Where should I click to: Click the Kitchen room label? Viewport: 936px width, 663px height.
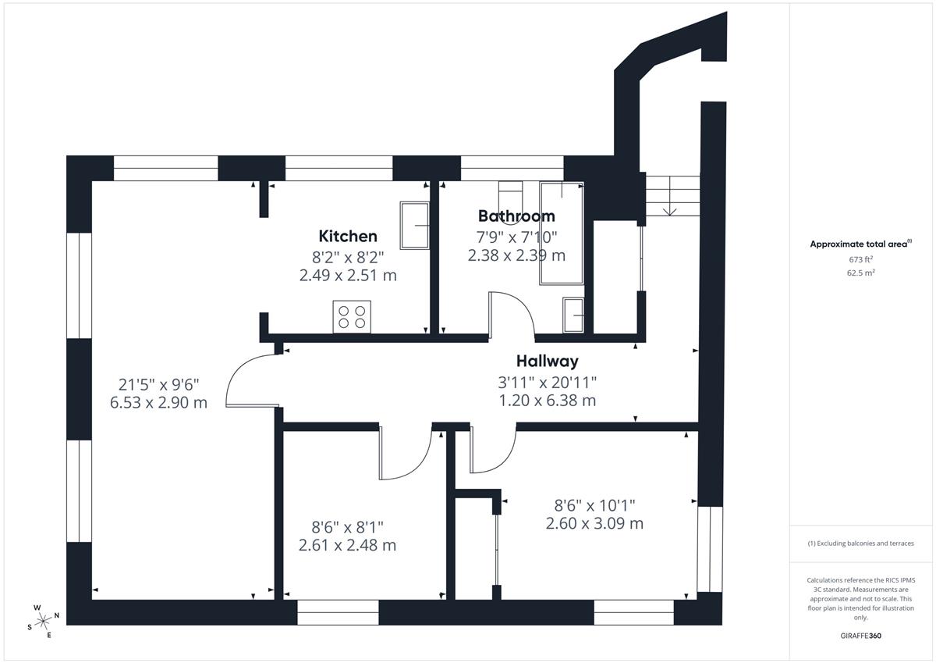[348, 237]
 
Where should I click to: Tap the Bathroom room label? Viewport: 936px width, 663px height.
[516, 216]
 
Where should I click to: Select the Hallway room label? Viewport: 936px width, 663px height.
[548, 361]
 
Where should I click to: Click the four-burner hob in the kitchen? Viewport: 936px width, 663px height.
[352, 316]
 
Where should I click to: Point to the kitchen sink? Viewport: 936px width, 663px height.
[415, 226]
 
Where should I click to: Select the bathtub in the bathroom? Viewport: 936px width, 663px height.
[562, 233]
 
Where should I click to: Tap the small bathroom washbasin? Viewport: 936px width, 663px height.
[573, 315]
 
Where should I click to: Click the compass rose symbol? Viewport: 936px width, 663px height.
[43, 621]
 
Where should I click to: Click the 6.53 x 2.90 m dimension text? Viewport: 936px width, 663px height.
[159, 402]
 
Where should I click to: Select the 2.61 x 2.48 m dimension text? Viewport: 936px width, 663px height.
[347, 545]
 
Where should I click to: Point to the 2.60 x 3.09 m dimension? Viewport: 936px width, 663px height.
[594, 523]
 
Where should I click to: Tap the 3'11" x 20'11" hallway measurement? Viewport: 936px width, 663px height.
[548, 382]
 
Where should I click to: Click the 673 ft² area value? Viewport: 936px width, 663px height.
[861, 259]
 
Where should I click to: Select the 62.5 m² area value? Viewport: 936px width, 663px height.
[861, 273]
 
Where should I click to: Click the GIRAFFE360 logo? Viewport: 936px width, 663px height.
[861, 636]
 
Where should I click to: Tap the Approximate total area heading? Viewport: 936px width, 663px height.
[861, 244]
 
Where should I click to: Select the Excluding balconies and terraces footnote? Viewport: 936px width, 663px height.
[861, 544]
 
